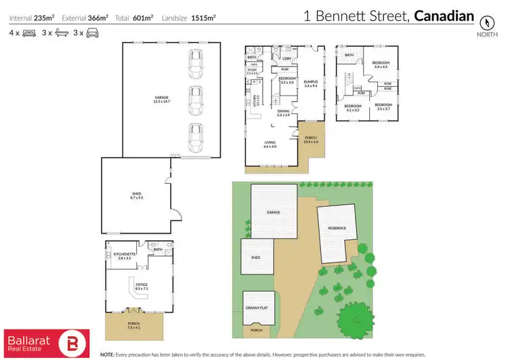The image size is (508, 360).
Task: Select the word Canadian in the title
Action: coord(444,15)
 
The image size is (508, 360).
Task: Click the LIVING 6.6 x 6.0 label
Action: coord(270,144)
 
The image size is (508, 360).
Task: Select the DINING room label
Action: coord(283,113)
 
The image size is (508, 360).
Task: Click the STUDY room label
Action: coord(252,71)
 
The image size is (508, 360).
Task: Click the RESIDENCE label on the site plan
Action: coord(337,228)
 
